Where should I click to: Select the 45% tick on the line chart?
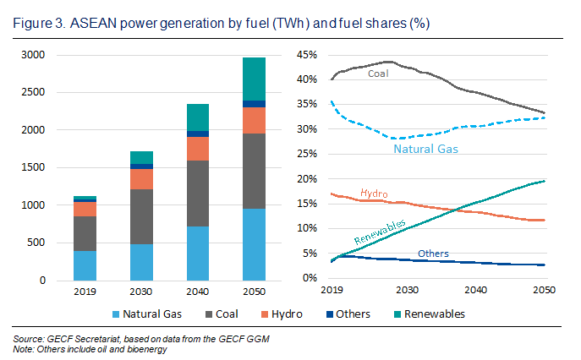point(304,56)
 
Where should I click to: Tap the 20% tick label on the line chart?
point(304,179)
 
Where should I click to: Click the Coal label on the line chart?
point(378,74)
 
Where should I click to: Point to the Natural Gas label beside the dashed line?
point(425,150)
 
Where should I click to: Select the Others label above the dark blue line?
point(433,254)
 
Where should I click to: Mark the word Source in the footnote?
point(30,338)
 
